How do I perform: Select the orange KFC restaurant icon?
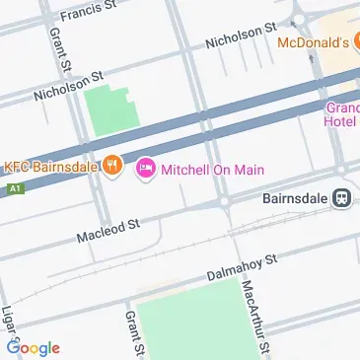113,165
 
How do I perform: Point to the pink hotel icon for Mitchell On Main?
146,170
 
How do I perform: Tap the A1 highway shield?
13,185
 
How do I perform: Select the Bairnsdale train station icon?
341,197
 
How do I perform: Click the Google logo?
33,347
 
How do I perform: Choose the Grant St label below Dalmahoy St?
134,333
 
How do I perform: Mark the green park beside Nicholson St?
108,110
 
